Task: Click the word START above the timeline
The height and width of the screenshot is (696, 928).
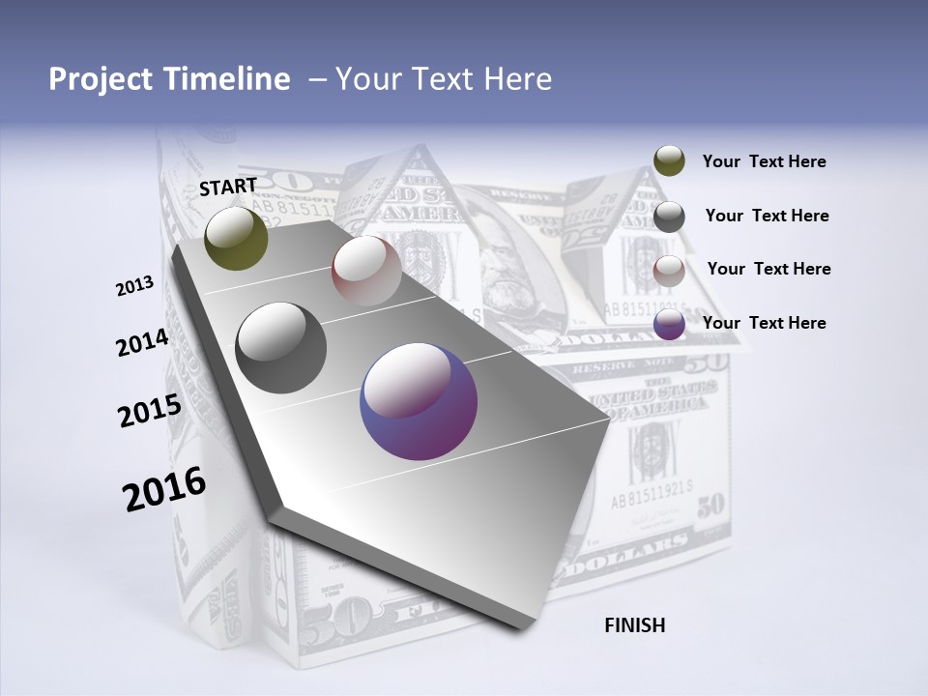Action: tap(228, 186)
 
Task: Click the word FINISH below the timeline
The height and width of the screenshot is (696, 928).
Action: tap(634, 625)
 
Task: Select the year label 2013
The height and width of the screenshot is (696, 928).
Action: tap(134, 286)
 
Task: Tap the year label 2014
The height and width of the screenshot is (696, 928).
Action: tap(142, 343)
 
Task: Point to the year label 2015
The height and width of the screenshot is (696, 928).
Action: tap(149, 411)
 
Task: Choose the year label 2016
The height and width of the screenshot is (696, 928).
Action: tap(164, 489)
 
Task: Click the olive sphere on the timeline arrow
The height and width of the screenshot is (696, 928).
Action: tap(237, 238)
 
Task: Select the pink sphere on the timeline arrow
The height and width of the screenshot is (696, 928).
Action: tap(366, 270)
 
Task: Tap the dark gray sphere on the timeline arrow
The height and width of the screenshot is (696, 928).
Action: tap(280, 348)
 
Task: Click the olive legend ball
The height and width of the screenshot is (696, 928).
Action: tap(669, 161)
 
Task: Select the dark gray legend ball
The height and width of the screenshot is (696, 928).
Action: tap(669, 216)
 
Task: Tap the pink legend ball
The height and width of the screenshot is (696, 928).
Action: tap(669, 270)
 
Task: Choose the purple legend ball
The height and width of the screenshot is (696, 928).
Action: tap(669, 324)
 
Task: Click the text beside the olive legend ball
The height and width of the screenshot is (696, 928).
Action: tap(764, 162)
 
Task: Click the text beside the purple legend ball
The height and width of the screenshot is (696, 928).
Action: tap(764, 323)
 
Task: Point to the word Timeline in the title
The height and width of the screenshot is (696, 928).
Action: tap(230, 79)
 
